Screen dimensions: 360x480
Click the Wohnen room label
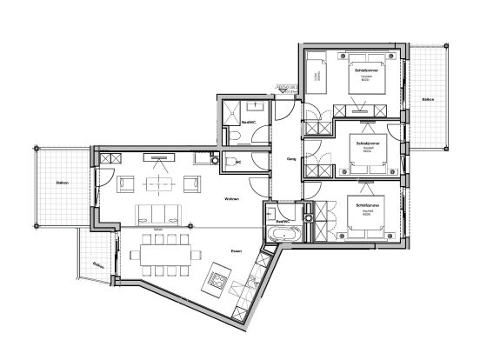tap(231, 199)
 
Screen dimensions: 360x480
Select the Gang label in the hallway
tap(293, 159)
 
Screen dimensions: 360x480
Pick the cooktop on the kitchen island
tap(217, 280)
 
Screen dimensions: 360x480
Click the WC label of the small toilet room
tap(237, 162)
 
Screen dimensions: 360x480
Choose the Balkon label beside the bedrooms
tap(427, 100)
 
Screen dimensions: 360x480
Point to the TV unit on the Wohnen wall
tap(157, 157)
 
